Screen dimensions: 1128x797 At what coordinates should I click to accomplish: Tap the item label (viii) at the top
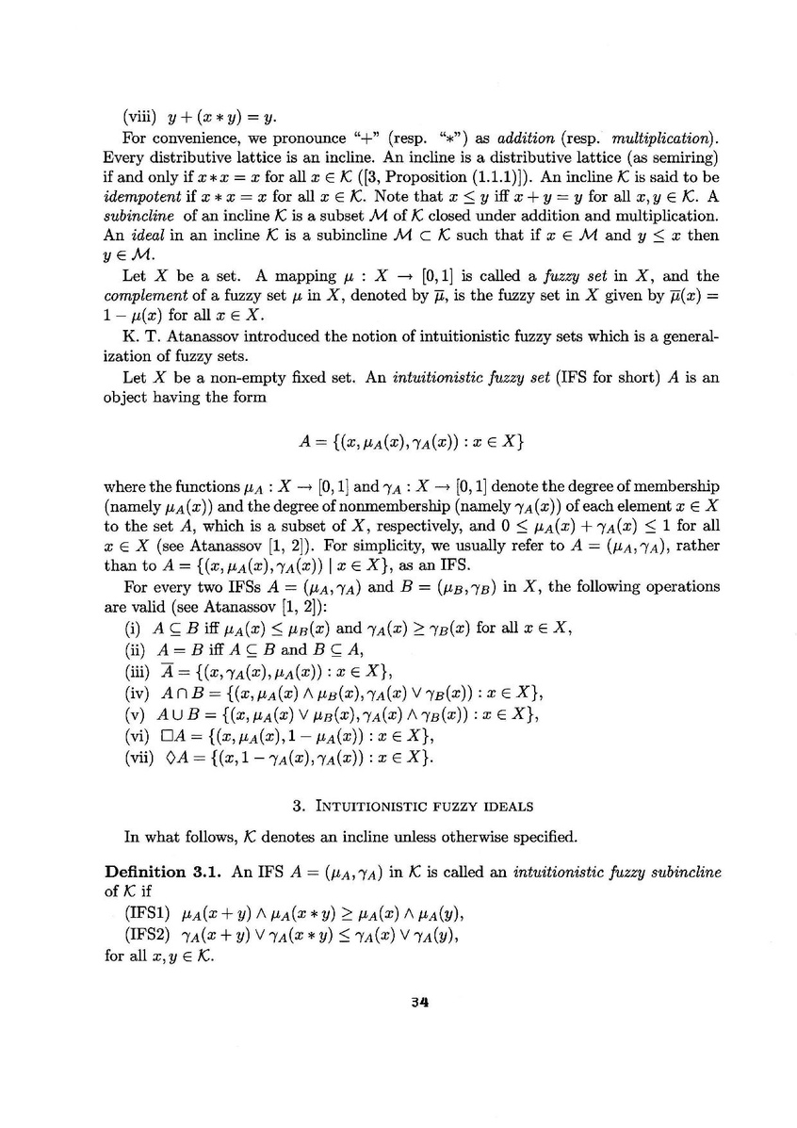pos(141,119)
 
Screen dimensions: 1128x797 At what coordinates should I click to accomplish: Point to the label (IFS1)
pos(149,912)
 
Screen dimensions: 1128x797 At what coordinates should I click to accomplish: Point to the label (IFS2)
pos(149,934)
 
